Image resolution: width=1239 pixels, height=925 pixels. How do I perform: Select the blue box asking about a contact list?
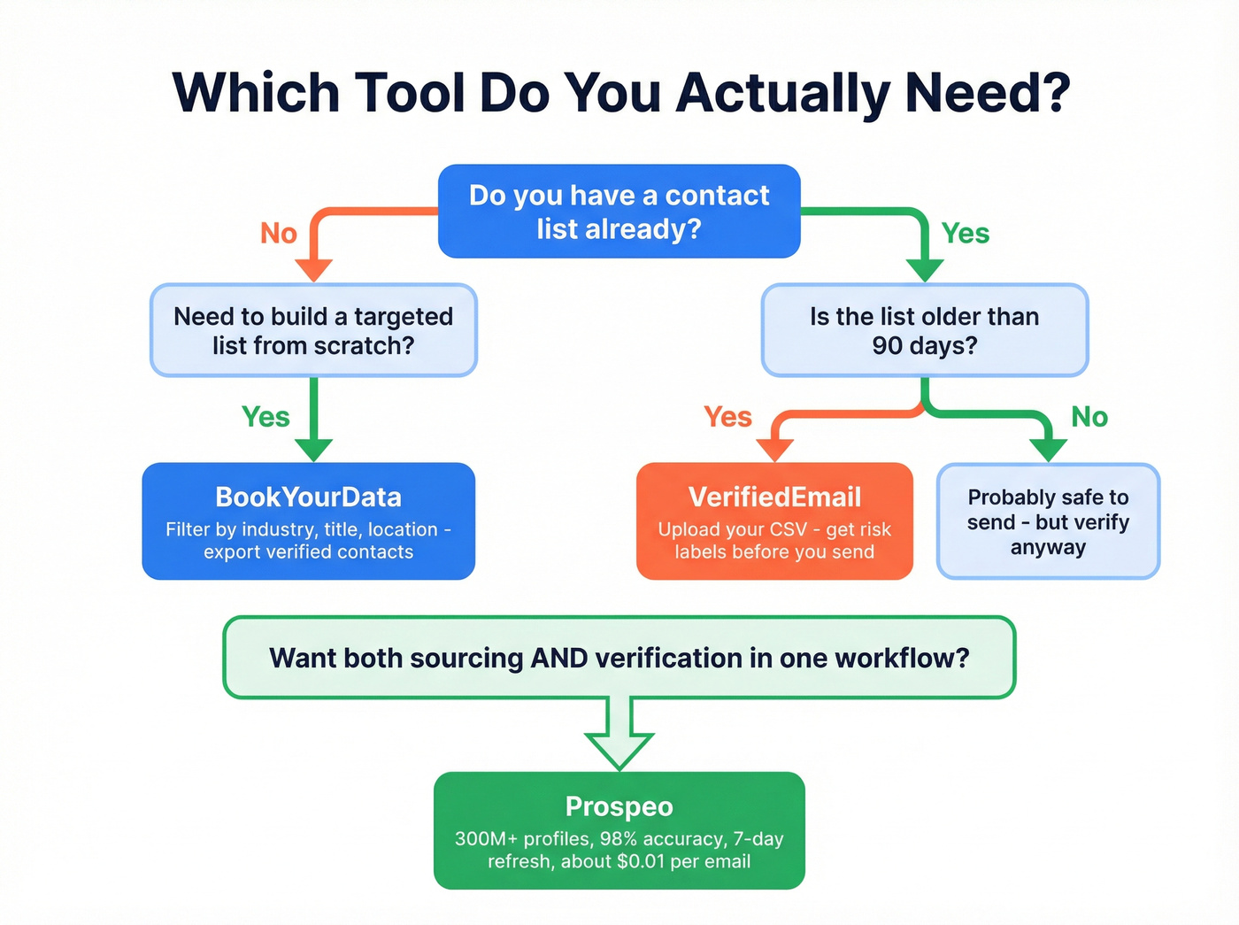619,212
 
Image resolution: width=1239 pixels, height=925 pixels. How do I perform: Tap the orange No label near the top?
279,233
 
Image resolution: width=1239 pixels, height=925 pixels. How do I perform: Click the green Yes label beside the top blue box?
965,233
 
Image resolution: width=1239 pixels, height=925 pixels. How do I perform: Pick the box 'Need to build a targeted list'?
313,330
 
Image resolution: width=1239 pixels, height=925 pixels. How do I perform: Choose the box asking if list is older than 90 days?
925,330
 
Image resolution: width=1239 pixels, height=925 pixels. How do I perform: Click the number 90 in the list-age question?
887,345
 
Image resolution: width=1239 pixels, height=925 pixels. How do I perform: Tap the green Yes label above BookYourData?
265,416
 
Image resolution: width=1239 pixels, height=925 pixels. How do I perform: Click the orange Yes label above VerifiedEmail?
727,416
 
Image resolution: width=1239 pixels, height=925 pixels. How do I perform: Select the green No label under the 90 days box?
1089,416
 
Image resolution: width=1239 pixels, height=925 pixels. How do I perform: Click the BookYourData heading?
308,497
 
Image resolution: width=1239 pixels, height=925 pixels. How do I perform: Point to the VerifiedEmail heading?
774,497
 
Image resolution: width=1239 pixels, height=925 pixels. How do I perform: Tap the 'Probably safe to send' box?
1048,521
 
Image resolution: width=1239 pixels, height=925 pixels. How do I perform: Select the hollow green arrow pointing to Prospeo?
619,735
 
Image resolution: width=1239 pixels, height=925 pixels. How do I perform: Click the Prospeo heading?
619,806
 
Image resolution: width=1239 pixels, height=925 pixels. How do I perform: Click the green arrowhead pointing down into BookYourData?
313,449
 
